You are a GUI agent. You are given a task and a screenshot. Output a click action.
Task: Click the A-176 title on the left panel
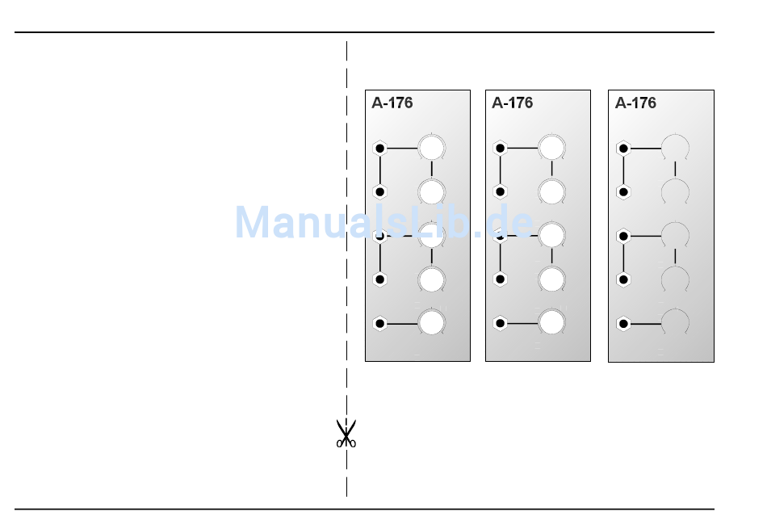pos(392,103)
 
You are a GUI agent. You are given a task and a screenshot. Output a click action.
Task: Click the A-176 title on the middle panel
pos(513,103)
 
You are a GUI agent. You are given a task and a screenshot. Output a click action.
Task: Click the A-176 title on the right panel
pos(635,103)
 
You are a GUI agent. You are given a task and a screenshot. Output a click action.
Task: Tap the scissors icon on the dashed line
pos(346,434)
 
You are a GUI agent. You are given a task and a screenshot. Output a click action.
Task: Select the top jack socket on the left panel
pos(380,149)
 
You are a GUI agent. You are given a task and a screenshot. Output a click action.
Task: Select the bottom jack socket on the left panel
pos(380,324)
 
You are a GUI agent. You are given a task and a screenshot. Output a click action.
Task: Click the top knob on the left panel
pos(432,149)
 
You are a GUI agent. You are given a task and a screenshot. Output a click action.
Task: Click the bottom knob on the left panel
pos(432,323)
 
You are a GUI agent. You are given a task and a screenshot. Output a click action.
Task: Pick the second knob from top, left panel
pos(432,192)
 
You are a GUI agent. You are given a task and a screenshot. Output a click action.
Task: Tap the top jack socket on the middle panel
pos(500,149)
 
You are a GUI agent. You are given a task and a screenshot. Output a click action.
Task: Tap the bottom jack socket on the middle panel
pos(500,324)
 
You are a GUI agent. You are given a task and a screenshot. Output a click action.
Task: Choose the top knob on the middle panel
pos(551,149)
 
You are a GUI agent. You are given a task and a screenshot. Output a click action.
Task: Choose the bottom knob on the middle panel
pos(551,323)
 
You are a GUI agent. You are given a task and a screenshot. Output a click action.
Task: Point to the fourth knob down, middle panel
pos(551,279)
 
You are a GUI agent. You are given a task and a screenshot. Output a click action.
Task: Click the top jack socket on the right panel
pos(623,149)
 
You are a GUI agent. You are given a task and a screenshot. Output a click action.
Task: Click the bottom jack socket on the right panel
pos(623,324)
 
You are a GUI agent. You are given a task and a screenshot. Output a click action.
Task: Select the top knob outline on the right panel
pos(675,149)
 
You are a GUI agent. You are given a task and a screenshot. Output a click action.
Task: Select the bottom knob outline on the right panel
pos(675,323)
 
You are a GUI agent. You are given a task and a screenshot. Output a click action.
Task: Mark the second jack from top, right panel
pos(623,192)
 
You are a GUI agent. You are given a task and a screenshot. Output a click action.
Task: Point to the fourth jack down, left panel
pos(380,279)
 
